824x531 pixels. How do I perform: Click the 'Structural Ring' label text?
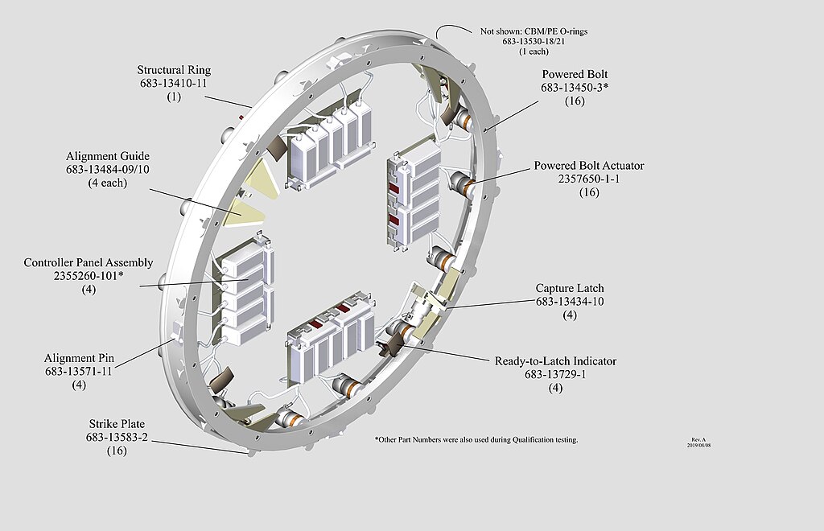click(174, 70)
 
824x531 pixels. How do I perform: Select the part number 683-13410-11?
click(174, 83)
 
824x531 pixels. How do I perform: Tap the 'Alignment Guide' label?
click(108, 156)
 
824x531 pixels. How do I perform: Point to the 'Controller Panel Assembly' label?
click(89, 262)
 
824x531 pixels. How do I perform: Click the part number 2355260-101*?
click(89, 276)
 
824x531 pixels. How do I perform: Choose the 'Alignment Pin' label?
click(79, 358)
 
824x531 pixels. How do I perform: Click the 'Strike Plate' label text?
click(117, 424)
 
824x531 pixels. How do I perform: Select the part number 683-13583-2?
click(117, 437)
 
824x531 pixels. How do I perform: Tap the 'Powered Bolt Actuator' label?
click(589, 166)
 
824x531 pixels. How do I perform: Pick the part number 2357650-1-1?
click(589, 179)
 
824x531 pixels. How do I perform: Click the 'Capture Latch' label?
click(570, 288)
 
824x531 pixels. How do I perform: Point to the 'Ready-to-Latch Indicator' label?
click(555, 361)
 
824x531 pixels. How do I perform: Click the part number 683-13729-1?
click(555, 374)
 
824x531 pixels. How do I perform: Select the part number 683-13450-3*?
click(575, 88)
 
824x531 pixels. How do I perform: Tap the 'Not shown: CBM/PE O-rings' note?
click(534, 31)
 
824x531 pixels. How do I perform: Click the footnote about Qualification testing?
click(476, 439)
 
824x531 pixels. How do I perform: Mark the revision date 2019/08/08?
click(699, 446)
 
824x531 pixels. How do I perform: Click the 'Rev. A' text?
click(698, 439)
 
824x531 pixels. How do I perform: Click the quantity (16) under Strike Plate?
click(117, 451)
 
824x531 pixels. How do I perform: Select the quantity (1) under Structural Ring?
click(174, 97)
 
